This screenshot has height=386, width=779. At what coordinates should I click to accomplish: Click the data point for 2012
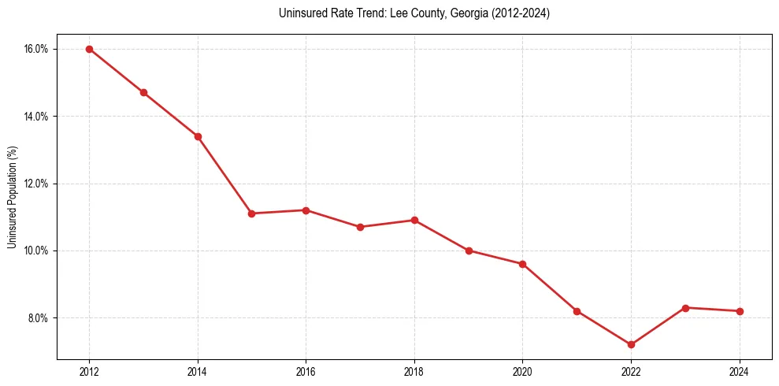[89, 49]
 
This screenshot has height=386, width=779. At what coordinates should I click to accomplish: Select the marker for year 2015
[252, 213]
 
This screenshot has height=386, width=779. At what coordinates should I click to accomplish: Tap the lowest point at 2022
[631, 344]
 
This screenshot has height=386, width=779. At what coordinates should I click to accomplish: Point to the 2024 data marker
[740, 311]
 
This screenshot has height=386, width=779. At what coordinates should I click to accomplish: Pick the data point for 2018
[414, 220]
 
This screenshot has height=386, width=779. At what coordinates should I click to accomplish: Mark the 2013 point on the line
[143, 92]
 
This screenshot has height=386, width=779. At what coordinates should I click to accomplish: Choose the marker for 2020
[522, 264]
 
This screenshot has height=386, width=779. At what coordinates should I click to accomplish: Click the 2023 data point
[685, 307]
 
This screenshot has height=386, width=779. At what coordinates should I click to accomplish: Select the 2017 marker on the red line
[360, 227]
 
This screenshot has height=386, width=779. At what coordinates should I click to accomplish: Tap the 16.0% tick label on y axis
[37, 49]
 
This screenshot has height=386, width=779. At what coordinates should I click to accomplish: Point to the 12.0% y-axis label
[37, 184]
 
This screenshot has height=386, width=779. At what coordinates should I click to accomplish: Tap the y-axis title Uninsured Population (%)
[13, 196]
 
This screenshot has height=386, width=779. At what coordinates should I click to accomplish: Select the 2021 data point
[577, 311]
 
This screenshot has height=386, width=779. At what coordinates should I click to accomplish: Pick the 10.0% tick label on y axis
[37, 251]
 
